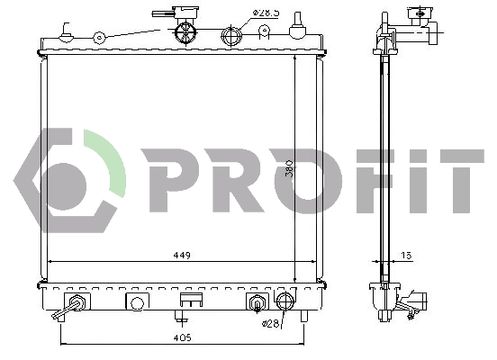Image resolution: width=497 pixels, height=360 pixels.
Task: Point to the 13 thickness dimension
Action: point(408,255)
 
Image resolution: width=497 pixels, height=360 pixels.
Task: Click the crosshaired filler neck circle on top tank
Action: point(185,32)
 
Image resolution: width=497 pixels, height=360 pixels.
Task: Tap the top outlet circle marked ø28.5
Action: point(232,36)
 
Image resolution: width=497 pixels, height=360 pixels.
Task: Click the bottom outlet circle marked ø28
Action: point(285,301)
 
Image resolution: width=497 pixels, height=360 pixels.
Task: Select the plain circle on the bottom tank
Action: point(137,302)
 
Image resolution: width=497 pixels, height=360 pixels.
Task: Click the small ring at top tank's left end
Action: point(100,38)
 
